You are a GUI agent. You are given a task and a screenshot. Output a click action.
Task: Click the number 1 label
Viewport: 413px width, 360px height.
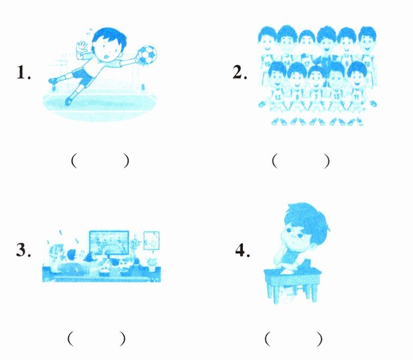pos(24,73)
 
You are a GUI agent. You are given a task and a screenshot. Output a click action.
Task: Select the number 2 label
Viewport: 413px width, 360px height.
pos(240,73)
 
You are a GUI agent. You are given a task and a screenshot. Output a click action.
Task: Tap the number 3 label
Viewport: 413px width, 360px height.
pos(24,250)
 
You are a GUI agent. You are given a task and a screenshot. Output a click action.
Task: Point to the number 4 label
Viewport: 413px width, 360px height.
pos(243,250)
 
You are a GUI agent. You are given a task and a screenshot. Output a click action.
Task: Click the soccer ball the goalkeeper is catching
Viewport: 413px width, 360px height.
pos(147,55)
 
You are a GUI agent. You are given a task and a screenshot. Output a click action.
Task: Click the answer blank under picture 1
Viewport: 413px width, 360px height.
pos(100,161)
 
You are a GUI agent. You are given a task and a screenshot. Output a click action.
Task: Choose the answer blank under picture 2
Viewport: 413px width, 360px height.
pos(300,161)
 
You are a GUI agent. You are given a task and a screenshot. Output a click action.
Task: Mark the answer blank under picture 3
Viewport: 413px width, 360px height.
pos(96,338)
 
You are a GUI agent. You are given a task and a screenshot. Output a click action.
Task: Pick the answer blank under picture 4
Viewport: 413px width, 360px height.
pos(294,339)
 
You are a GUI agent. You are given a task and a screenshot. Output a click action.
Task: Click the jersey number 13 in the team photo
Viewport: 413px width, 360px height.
pos(278,97)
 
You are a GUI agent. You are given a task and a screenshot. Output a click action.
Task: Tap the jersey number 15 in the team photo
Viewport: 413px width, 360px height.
pos(337,97)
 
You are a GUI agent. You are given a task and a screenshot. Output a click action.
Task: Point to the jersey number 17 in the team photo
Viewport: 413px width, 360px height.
pos(307,64)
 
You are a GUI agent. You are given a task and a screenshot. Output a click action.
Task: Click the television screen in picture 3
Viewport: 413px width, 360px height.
pos(109,242)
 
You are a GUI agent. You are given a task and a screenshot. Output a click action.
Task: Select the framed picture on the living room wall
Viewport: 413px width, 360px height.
pos(152,241)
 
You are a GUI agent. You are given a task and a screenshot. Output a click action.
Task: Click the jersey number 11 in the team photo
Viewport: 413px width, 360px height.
pos(356,97)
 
